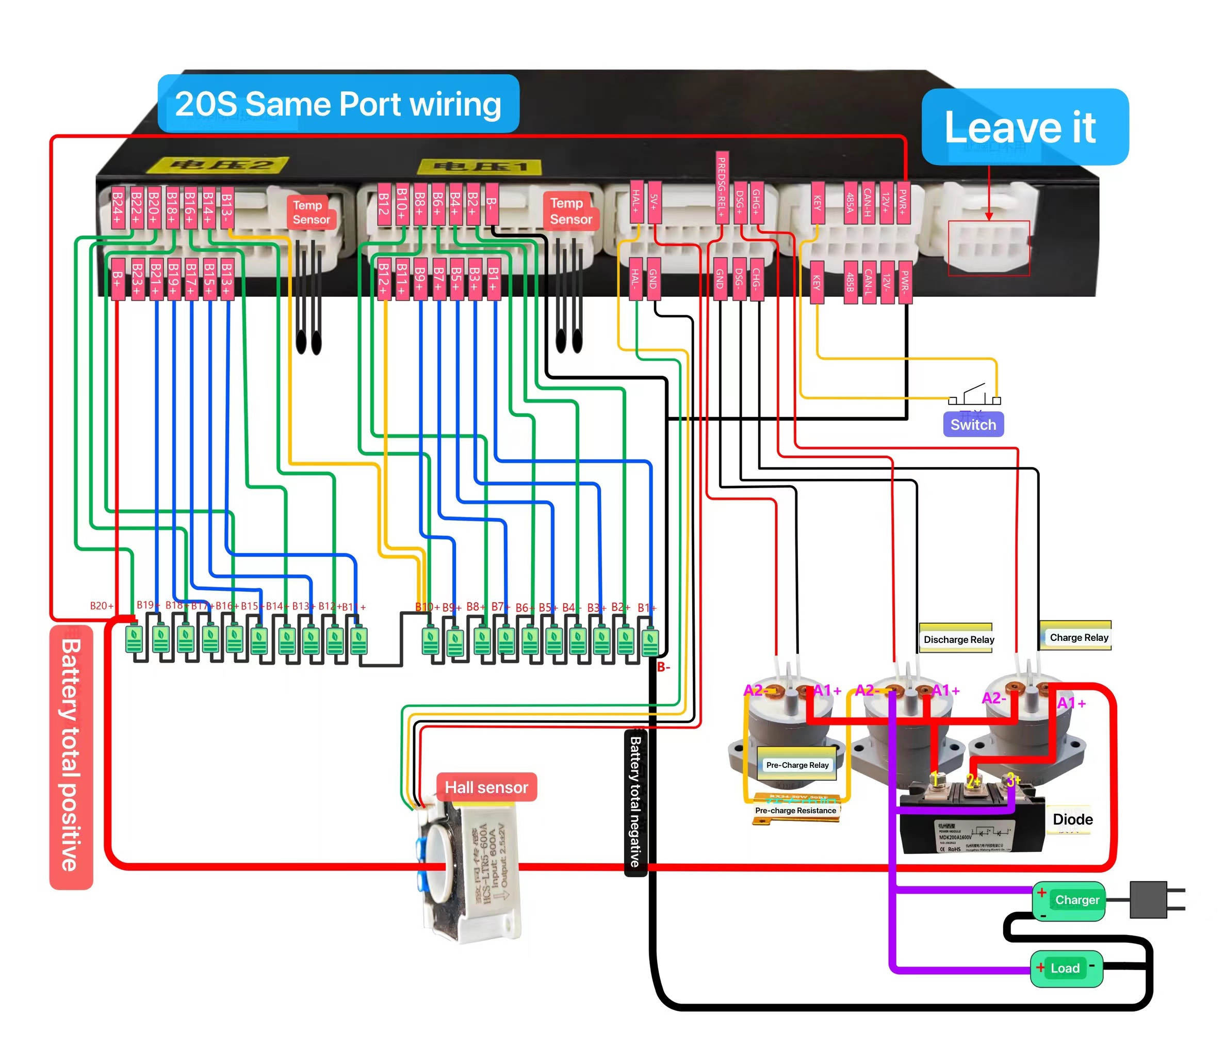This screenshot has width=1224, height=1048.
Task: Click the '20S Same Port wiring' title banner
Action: pos(338,104)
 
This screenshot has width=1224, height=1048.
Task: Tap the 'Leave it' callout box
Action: pos(1024,126)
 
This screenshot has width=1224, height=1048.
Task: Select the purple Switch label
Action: pos(973,424)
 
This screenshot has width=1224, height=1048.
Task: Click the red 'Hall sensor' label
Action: pos(486,787)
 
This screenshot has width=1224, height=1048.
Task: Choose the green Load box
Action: pos(1066,968)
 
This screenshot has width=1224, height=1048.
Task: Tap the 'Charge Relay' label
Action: pos(1078,637)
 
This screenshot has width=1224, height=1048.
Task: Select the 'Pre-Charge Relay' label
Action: pos(797,765)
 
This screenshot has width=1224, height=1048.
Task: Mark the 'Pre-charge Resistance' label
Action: pos(795,811)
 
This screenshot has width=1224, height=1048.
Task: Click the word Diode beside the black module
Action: pos(1072,819)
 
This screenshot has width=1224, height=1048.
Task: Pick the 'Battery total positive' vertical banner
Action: pos(71,756)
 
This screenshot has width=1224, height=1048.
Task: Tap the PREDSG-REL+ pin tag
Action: pos(721,187)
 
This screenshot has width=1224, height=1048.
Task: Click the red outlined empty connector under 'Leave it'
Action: pos(989,248)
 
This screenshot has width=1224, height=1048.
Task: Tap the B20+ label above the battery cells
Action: pos(102,606)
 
